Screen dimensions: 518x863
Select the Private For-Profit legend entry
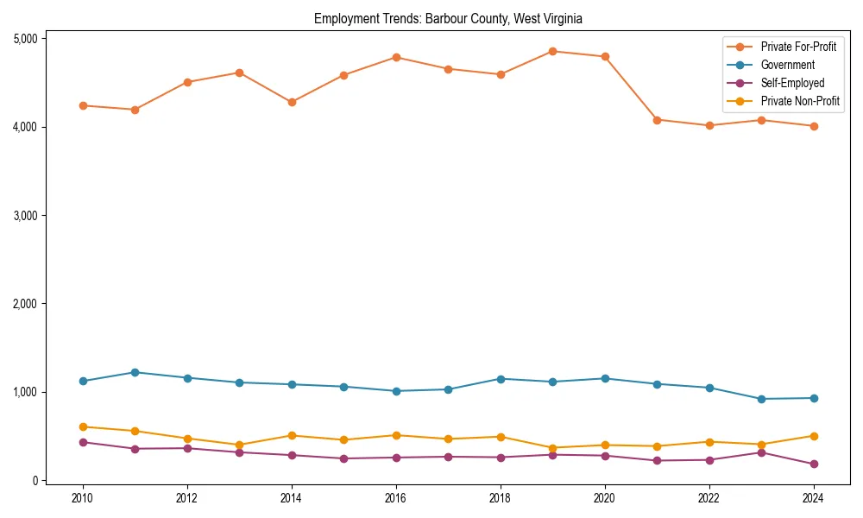[798, 47]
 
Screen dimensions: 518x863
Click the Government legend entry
[787, 65]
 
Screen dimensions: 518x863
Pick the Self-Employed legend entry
[792, 83]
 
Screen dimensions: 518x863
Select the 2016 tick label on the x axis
[395, 498]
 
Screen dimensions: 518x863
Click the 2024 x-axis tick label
[813, 498]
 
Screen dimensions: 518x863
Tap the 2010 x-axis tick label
[83, 498]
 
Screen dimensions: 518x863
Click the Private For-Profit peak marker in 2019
[552, 51]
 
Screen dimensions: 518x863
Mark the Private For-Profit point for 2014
[292, 102]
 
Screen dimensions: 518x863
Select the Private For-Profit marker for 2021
[657, 120]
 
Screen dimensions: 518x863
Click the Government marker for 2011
[135, 372]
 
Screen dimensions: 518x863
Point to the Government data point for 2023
[761, 399]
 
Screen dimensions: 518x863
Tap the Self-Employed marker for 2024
[813, 464]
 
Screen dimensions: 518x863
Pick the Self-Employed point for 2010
[83, 442]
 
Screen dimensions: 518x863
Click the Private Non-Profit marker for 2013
[239, 445]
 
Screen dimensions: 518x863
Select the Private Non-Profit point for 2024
[813, 436]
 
